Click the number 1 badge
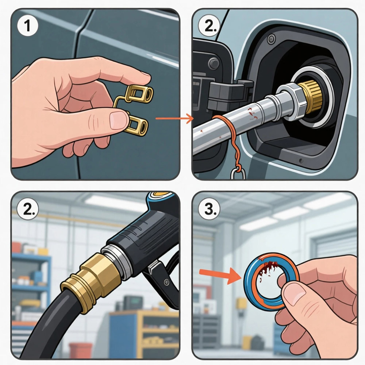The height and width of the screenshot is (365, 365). coord(27,26)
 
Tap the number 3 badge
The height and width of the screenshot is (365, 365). coord(208,209)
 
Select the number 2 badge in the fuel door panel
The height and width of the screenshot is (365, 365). coord(208,26)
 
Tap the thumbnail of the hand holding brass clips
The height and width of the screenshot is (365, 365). coord(119,120)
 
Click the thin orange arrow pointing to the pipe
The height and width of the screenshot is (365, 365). coord(174,119)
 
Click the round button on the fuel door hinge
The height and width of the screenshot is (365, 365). coord(214,63)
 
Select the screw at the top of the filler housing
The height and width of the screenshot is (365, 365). coord(271,39)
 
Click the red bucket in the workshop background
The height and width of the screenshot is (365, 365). coord(80,350)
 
